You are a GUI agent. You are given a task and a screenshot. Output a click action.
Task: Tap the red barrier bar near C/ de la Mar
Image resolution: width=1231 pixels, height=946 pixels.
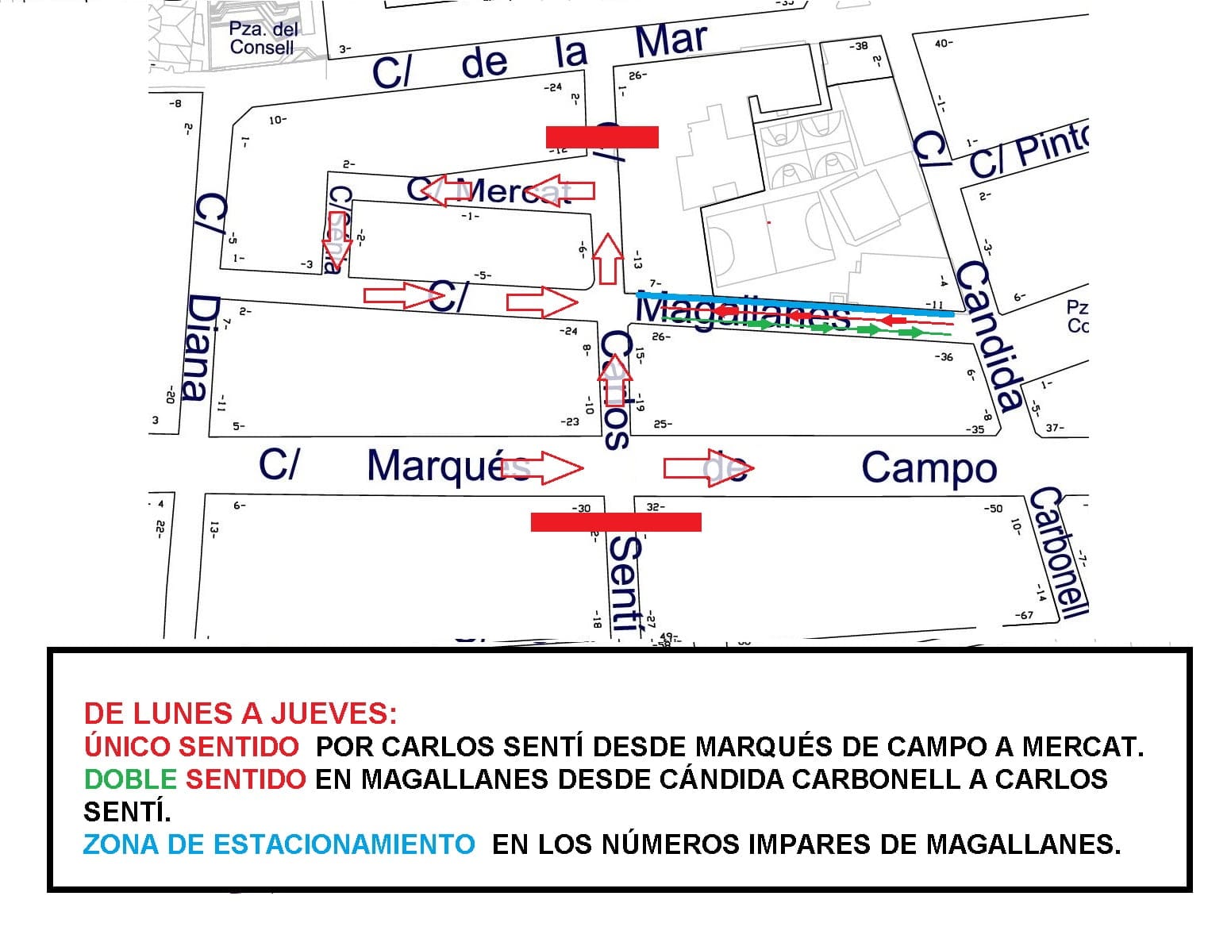pos(602,137)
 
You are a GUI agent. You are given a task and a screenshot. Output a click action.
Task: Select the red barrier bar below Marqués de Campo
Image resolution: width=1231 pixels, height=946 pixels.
pos(615,521)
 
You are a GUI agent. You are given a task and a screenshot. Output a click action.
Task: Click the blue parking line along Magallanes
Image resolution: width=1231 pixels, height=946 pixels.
pos(794,305)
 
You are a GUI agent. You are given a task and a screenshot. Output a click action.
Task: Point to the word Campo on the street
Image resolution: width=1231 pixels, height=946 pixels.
pos(929,468)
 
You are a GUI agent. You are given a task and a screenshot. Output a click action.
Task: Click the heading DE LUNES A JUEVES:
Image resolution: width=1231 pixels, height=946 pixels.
pos(240,713)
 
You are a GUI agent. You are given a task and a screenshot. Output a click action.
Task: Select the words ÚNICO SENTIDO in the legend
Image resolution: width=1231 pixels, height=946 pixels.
pos(191,747)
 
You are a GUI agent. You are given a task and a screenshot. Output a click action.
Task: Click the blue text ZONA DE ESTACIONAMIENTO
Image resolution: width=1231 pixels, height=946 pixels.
pos(279,844)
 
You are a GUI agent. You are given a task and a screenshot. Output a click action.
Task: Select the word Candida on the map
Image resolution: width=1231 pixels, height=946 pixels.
pos(987,336)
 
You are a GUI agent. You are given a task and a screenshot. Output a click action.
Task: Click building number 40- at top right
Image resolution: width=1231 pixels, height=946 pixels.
pos(944,44)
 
